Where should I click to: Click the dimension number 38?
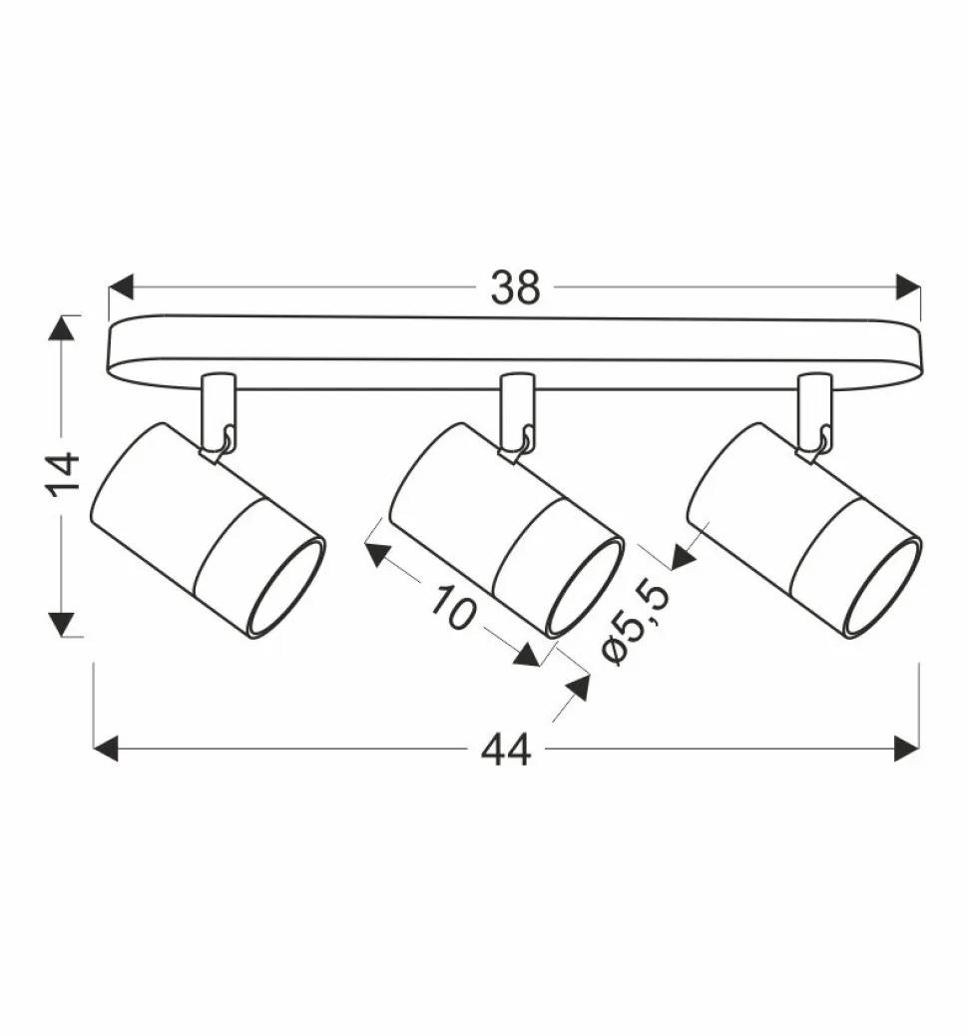pos(515,287)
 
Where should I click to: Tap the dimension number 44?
pos(506,749)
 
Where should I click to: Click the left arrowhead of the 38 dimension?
pos(121,287)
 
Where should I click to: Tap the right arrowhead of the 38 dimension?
pos(907,287)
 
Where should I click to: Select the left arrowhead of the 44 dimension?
pos(106,749)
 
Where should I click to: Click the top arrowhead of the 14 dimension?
pos(63,328)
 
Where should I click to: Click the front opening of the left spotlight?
pos(286,588)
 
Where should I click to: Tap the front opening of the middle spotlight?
pos(585,588)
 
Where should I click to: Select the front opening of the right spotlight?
pos(882,588)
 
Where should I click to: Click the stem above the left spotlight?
pos(217,409)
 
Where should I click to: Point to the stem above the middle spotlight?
pos(516,409)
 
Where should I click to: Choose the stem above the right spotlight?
pos(813,409)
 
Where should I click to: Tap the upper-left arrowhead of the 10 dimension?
pos(378,551)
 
